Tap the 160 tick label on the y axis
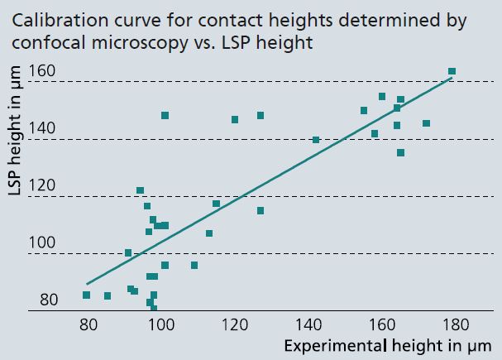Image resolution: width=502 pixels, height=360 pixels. pos(42,71)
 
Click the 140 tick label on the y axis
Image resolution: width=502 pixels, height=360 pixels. pos(42,128)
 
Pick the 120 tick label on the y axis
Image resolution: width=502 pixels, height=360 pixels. pos(42,185)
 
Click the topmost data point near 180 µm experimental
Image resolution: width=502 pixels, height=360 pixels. pos(452,72)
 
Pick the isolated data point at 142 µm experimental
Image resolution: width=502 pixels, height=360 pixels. pos(316,140)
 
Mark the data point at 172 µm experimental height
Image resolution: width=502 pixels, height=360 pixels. pos(426,123)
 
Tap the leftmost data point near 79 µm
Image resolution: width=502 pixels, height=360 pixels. pos(86,295)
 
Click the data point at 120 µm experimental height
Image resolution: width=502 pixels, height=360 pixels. pos(235,120)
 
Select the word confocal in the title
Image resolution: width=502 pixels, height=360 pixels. pos(41,42)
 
